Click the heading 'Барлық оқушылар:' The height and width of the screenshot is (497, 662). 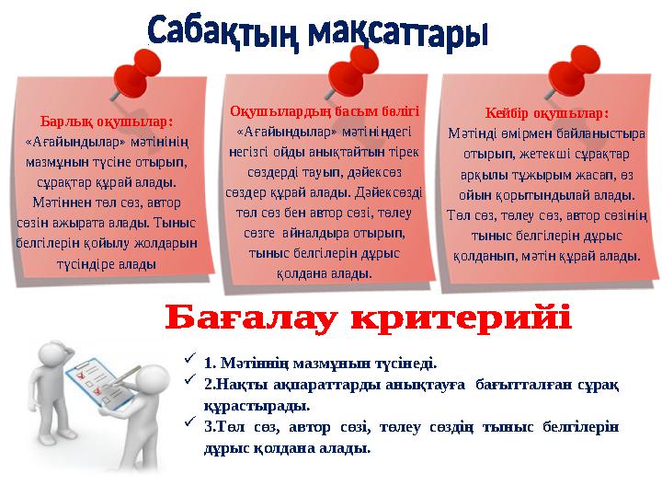pyautogui.click(x=107, y=121)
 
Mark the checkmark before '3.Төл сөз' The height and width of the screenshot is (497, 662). pyautogui.click(x=189, y=422)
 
